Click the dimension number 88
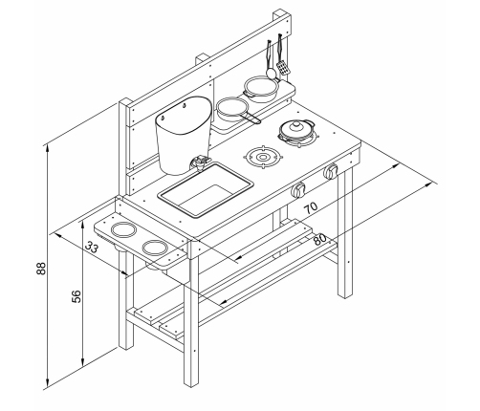pyautogui.click(x=41, y=269)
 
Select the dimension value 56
pyautogui.click(x=76, y=296)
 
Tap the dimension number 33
pyautogui.click(x=92, y=247)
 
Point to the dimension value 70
pyautogui.click(x=311, y=207)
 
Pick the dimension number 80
pyautogui.click(x=319, y=239)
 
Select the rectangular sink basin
pyautogui.click(x=207, y=190)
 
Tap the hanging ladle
pyautogui.click(x=271, y=59)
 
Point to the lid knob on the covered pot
pyautogui.click(x=296, y=124)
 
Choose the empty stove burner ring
pyautogui.click(x=263, y=157)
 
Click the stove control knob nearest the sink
pyautogui.click(x=298, y=190)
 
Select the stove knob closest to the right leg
pyautogui.click(x=331, y=172)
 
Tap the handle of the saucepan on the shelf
pyautogui.click(x=251, y=118)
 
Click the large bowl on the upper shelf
pyautogui.click(x=261, y=89)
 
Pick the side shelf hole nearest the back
pyautogui.click(x=123, y=229)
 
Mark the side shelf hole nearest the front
pyautogui.click(x=155, y=248)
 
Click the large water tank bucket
pyautogui.click(x=184, y=136)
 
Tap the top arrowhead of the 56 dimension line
pyautogui.click(x=83, y=225)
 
